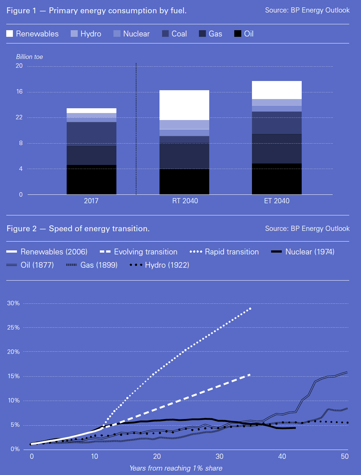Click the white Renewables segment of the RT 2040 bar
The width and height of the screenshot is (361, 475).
184,105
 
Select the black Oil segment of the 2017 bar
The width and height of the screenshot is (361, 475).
91,180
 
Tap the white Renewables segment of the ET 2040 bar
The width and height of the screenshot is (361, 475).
277,90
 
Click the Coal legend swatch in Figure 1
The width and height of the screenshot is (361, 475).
165,34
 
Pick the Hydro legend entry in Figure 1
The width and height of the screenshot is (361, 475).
86,34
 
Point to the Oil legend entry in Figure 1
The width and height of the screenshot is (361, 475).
244,34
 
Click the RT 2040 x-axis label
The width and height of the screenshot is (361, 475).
185,201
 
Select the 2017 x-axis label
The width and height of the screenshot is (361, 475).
91,201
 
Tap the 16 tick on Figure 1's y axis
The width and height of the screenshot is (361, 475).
19,91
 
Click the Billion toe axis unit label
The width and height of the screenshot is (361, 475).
29,57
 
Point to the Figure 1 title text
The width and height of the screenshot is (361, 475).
97,11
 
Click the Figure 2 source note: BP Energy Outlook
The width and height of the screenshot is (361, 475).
307,228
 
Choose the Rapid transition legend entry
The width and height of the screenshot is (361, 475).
224,252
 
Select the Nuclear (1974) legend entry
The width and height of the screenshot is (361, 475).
303,252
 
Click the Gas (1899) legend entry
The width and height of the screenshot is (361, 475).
92,265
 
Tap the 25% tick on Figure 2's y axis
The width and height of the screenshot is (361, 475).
13,327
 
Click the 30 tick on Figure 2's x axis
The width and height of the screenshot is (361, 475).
220,456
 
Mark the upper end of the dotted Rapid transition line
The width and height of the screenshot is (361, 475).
250,308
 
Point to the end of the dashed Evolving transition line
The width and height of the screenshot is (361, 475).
250,374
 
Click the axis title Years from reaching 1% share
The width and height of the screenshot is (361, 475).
176,468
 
